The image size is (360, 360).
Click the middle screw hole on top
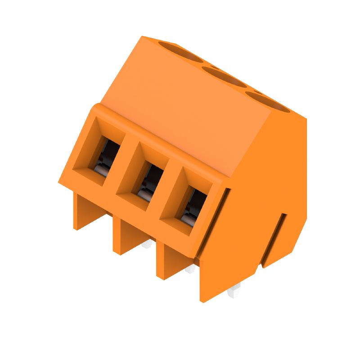[224, 76]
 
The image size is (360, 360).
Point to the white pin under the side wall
[234, 293]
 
